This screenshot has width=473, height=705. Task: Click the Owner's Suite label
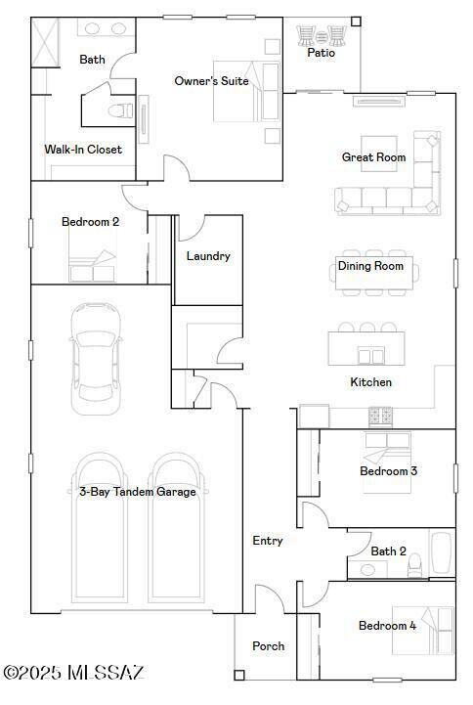(211, 81)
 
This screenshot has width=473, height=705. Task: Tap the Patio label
(321, 53)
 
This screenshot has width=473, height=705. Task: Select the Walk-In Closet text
(83, 150)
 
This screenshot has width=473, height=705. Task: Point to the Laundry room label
(208, 256)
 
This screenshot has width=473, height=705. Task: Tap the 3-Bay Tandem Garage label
(137, 492)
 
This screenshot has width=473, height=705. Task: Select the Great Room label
(373, 157)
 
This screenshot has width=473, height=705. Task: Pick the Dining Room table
(370, 266)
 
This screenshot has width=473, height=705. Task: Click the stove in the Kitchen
(380, 416)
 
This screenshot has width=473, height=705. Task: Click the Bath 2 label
(388, 551)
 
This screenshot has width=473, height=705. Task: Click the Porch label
(269, 646)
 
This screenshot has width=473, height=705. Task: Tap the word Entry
(268, 541)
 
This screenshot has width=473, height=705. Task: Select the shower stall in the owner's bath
(46, 40)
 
